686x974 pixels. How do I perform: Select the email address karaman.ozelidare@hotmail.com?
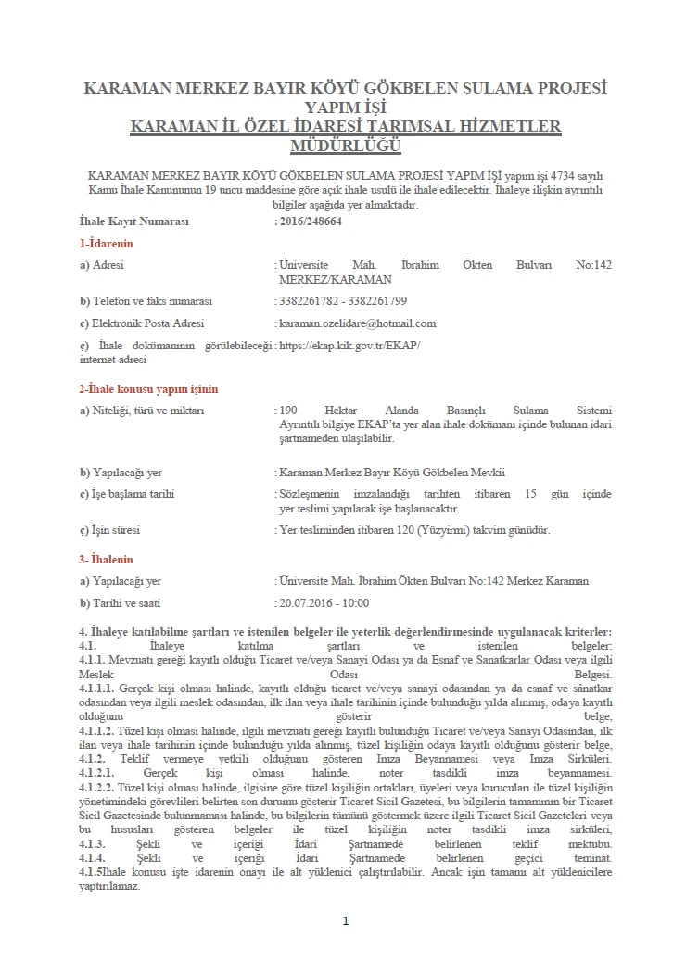pyautogui.click(x=357, y=323)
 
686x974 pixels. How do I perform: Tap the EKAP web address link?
pyautogui.click(x=349, y=346)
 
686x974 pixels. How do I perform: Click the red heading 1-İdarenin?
pyautogui.click(x=107, y=244)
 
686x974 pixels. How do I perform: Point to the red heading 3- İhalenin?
pyautogui.click(x=107, y=560)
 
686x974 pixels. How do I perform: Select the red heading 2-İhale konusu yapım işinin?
pyautogui.click(x=148, y=389)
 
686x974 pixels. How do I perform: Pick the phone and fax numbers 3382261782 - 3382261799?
pyautogui.click(x=342, y=301)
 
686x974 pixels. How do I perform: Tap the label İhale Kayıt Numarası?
pyautogui.click(x=134, y=222)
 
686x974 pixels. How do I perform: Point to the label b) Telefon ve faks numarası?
pyautogui.click(x=146, y=301)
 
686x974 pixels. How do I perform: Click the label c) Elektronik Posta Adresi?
pyautogui.click(x=142, y=323)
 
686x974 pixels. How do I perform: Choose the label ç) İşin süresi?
pyautogui.click(x=116, y=531)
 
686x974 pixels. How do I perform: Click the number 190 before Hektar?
pyautogui.click(x=287, y=411)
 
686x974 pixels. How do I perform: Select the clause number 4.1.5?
pyautogui.click(x=92, y=874)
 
